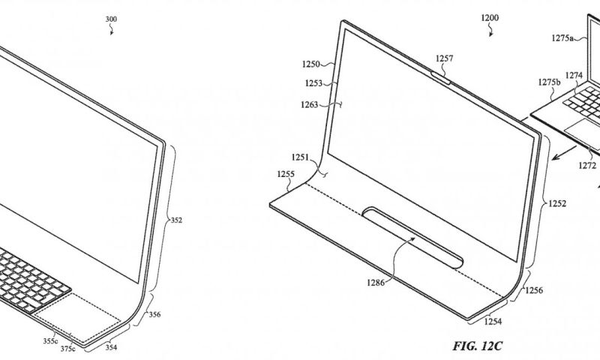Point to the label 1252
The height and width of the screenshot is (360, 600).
pos(556,203)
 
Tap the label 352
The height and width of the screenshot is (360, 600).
pos(177,220)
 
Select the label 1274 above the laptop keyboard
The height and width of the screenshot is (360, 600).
pos(574,75)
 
